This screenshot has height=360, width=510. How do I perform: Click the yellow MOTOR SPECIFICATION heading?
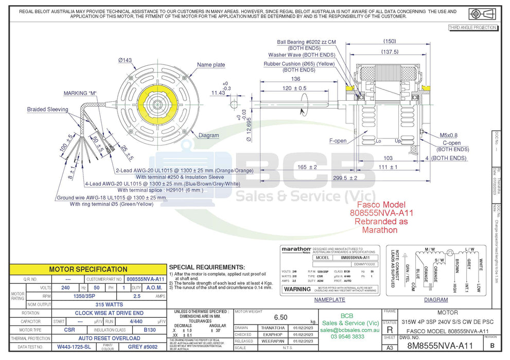(x=88, y=269)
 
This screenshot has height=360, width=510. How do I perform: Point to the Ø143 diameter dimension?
(x=125, y=60)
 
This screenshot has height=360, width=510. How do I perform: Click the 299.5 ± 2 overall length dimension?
(x=344, y=178)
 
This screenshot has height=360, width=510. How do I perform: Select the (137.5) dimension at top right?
(x=390, y=51)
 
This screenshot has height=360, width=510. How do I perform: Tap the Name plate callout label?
(x=211, y=65)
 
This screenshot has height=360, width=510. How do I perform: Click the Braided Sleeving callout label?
(x=48, y=110)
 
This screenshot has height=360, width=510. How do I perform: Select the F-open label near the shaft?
(x=338, y=140)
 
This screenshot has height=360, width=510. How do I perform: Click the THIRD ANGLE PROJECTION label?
(x=472, y=27)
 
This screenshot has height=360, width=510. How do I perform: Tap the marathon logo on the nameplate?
(x=296, y=249)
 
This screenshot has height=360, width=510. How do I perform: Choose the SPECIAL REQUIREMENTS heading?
(x=207, y=267)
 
